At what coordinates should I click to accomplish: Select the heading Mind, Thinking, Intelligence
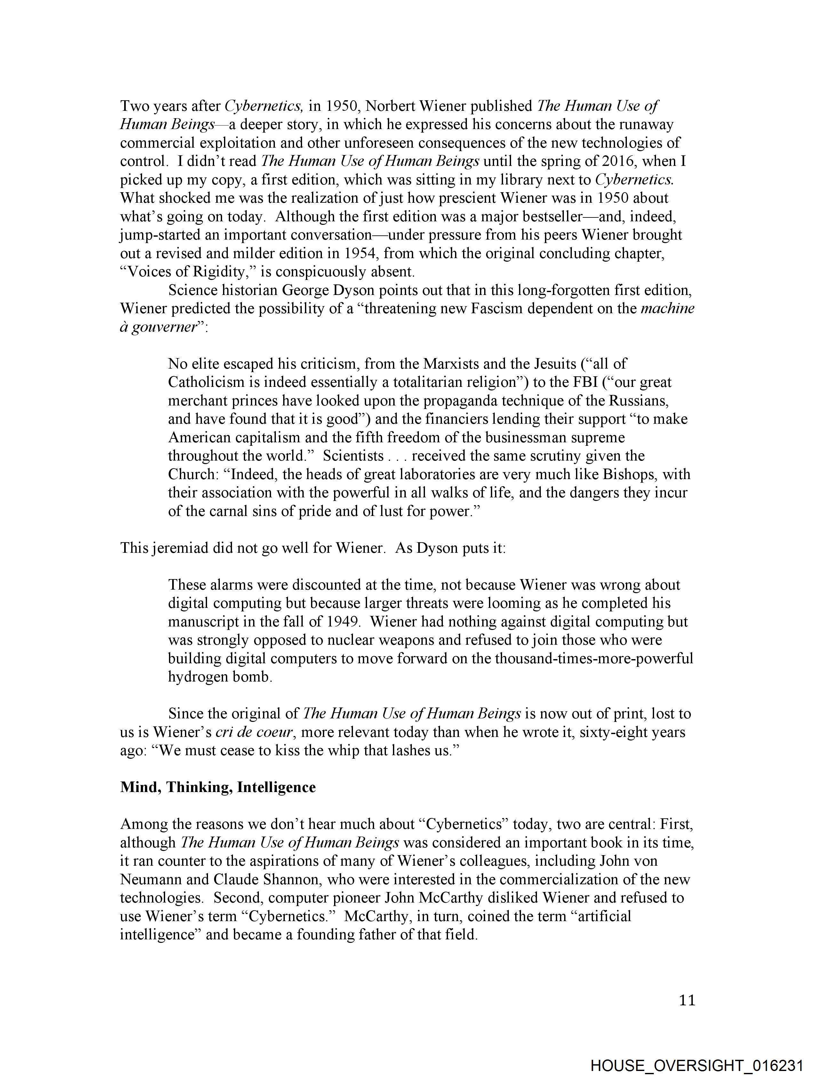coord(218,787)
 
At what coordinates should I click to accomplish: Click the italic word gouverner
coord(161,327)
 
